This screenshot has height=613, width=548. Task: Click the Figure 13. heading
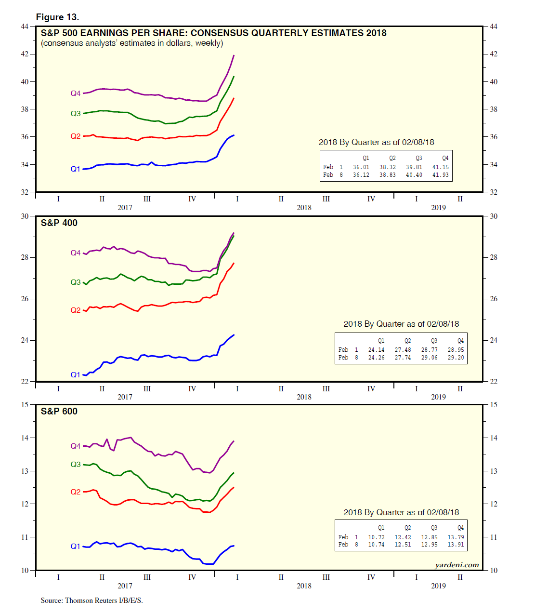coord(57,17)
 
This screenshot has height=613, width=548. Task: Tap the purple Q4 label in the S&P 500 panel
coord(76,93)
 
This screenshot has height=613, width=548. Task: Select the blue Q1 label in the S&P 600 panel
coord(76,546)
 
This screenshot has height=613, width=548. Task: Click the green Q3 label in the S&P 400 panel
coord(76,282)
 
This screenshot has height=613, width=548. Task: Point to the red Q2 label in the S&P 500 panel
coord(76,136)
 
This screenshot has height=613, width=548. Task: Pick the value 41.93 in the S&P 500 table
coord(440,175)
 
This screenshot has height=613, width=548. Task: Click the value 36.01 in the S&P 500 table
coord(361,167)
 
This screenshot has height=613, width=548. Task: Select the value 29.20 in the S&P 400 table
coord(456,358)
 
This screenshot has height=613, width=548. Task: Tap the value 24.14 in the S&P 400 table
coord(376,350)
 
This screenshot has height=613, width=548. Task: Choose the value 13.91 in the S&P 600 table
coord(456,545)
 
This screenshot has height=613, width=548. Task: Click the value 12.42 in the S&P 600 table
coord(403,537)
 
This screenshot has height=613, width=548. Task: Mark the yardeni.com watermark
coord(457,565)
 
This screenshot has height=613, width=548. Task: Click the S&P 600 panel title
coord(59,411)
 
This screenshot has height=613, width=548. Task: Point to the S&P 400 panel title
coord(59,223)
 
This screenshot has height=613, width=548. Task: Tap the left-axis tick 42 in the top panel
coord(25,54)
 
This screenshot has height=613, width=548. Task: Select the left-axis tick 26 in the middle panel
coord(25,299)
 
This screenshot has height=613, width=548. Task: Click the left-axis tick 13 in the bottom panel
coord(25,471)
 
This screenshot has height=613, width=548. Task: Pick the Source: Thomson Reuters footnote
coord(91,600)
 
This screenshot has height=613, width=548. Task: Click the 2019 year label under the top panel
coord(438,208)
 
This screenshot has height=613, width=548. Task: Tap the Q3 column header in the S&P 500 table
coord(418,158)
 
